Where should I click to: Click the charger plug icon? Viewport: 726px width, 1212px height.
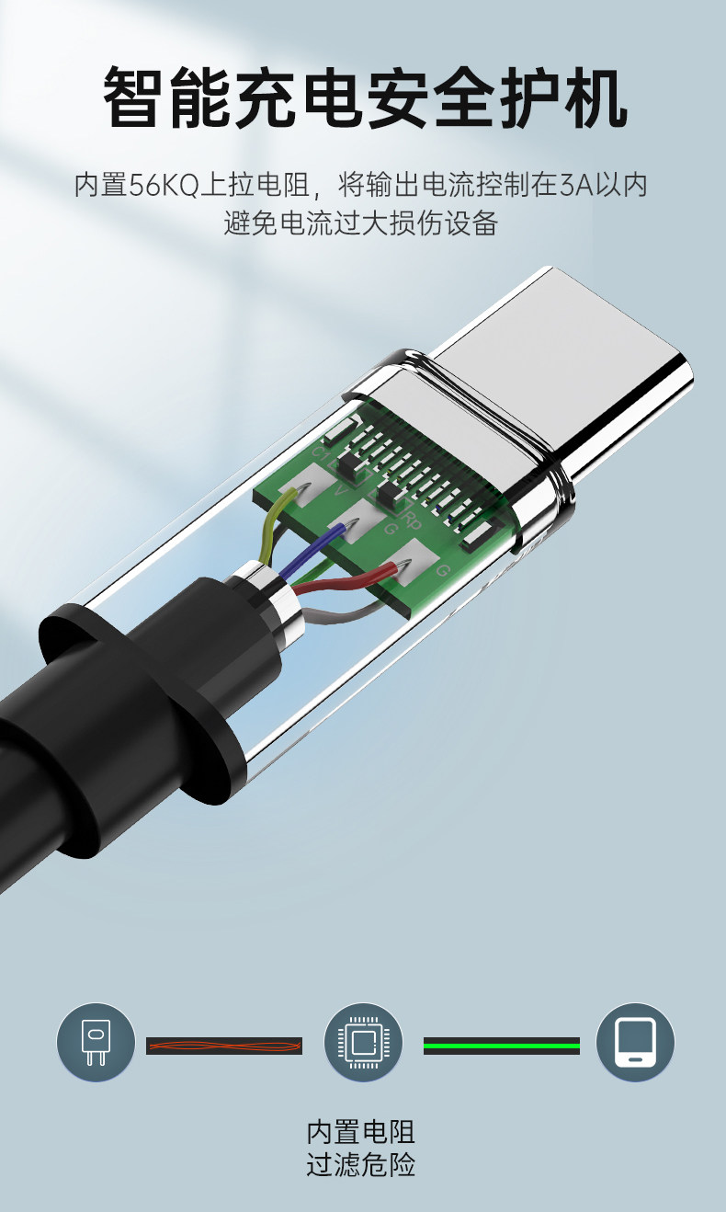[x=96, y=1042]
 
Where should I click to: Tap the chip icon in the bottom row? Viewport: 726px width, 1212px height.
[x=363, y=1042]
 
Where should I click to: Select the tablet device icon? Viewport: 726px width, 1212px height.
[x=635, y=1042]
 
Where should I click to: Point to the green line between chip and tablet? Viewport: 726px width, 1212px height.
[x=501, y=1046]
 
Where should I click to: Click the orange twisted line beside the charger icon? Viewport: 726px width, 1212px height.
[x=224, y=1046]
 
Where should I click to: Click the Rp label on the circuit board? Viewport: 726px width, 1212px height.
[x=414, y=520]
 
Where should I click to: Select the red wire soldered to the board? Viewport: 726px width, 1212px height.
[x=346, y=579]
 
